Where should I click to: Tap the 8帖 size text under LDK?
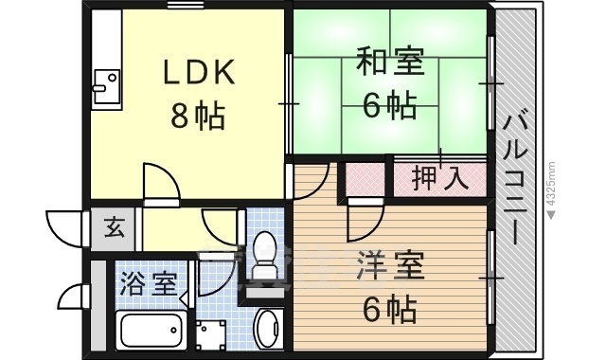click(x=197, y=116)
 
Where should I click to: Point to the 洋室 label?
click(x=388, y=263)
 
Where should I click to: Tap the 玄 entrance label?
click(x=115, y=228)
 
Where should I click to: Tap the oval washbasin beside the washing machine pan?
click(x=267, y=326)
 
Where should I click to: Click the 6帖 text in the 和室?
click(x=389, y=106)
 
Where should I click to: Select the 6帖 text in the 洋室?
click(x=388, y=308)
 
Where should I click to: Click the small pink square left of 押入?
click(x=365, y=176)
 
